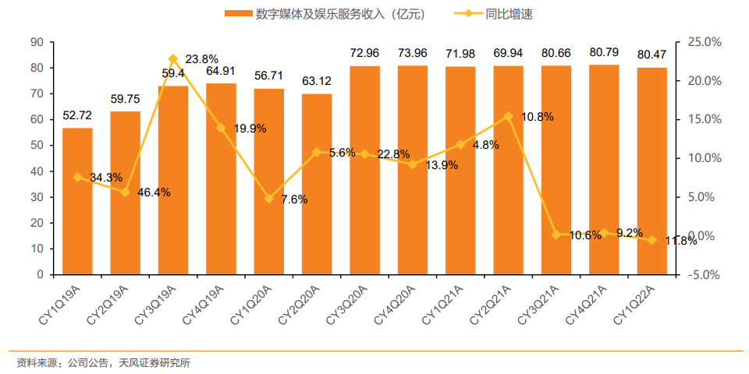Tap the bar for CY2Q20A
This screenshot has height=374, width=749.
coord(317,184)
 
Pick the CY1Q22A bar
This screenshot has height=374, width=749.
coord(652,171)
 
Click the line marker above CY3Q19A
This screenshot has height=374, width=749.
coord(173,58)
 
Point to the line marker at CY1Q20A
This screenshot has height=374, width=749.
coord(269,199)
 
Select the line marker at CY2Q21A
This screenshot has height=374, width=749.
coord(509,116)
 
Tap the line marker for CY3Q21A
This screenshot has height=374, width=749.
coord(556,235)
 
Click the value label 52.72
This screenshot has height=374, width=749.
coord(78,116)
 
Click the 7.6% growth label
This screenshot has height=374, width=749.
coord(293,199)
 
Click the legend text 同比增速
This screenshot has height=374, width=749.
coord(514,14)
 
